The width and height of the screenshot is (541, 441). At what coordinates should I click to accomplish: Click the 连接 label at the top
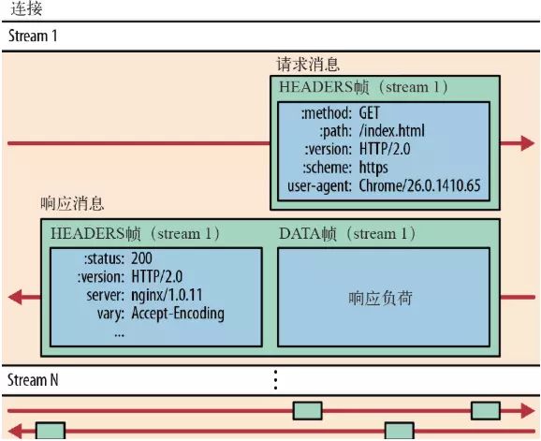tap(23, 9)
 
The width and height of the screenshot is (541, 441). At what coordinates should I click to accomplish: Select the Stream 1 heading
tap(33, 37)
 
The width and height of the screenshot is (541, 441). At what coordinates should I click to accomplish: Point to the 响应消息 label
tap(73, 203)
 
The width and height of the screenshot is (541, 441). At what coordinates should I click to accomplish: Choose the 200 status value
tap(142, 257)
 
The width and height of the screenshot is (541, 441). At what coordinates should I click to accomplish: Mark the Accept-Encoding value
tap(178, 313)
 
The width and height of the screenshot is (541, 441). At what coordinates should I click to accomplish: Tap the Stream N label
tap(34, 380)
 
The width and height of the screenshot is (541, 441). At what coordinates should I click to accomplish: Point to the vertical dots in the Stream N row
tap(275, 379)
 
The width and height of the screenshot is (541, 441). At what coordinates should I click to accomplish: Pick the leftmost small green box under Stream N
tap(51, 431)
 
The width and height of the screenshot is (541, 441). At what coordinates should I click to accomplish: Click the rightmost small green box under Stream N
tap(485, 410)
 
